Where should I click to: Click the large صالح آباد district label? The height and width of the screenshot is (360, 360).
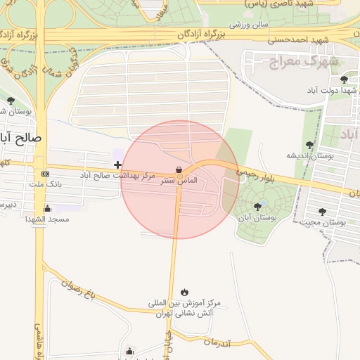pos(21,138)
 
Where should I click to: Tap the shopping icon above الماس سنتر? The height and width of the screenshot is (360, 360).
pos(179,169)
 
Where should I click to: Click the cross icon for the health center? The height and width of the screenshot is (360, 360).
pos(117,165)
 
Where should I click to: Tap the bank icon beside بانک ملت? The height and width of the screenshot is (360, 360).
pos(46,174)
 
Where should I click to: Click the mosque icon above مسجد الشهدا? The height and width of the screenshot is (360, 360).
pos(47,209)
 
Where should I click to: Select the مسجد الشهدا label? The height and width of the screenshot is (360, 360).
pos(46,219)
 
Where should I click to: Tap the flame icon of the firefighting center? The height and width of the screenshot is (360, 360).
pos(184,292)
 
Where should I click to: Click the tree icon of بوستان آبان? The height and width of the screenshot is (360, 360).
pos(258,207)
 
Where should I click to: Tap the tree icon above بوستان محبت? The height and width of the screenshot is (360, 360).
pos(323,212)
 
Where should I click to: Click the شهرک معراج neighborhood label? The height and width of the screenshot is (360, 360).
pos(304,62)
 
